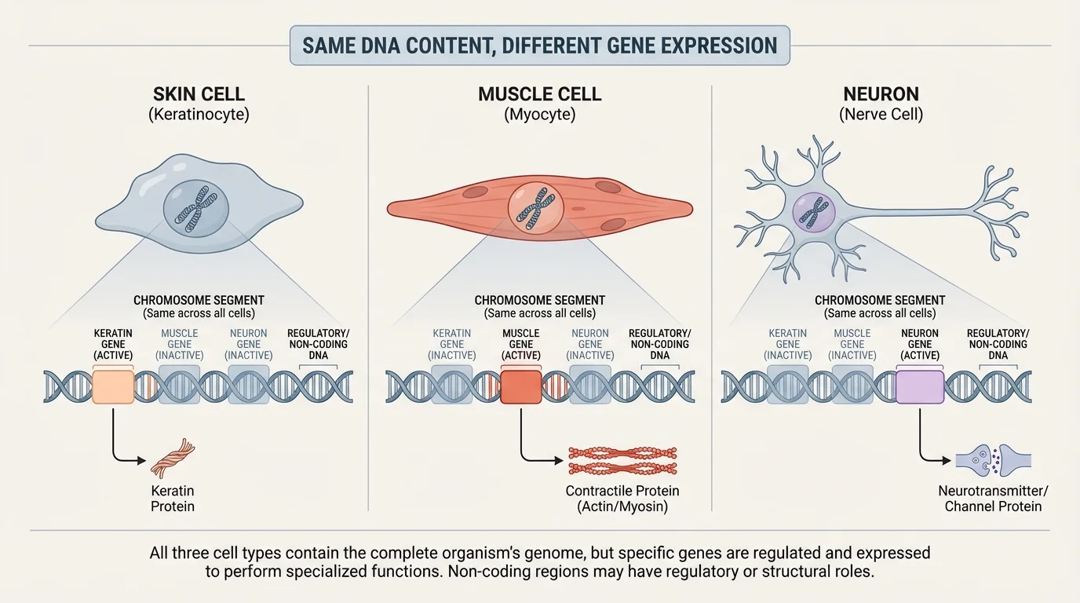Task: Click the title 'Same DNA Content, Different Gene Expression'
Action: coord(540,46)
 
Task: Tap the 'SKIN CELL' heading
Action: coord(199,94)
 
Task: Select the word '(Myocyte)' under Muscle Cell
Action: coord(540,115)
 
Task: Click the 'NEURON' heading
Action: coord(881,94)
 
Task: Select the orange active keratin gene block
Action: coord(113,387)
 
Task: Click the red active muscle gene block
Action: coord(520,387)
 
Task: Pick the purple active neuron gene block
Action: coord(919,387)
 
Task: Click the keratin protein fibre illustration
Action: coord(172,459)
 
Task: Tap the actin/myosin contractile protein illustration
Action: coord(622,461)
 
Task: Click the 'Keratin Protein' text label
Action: coord(173,499)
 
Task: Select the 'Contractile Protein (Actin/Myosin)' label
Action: coord(622,499)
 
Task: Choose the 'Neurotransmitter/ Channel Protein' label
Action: coord(993,499)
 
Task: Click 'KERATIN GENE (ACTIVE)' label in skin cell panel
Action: coord(113,344)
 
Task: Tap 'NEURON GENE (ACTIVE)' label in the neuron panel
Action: coord(919,344)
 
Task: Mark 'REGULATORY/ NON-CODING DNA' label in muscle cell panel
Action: coord(659,344)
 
